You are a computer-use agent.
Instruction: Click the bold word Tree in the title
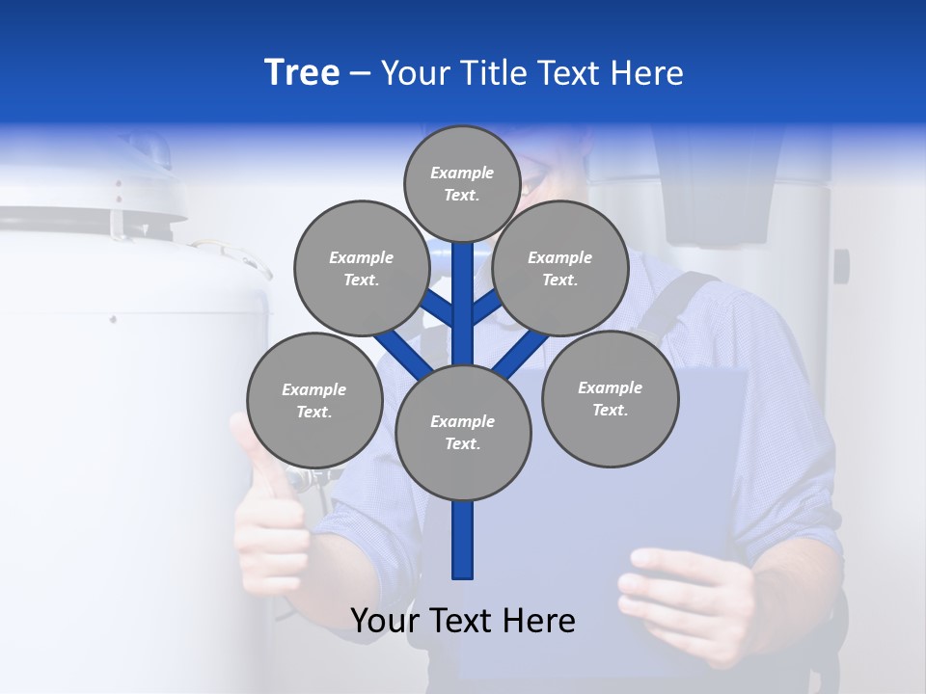[302, 73]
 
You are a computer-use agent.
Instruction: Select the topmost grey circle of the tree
[462, 183]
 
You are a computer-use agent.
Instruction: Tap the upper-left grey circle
[361, 268]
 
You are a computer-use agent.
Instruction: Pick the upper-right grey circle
[559, 268]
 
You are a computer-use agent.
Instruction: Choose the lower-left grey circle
[314, 400]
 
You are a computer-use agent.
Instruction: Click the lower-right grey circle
[610, 398]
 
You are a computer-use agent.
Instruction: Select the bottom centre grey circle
[463, 433]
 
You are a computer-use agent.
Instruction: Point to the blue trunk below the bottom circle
[463, 540]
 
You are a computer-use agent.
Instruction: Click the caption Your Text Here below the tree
[463, 621]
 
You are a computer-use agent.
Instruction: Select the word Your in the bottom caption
[385, 621]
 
